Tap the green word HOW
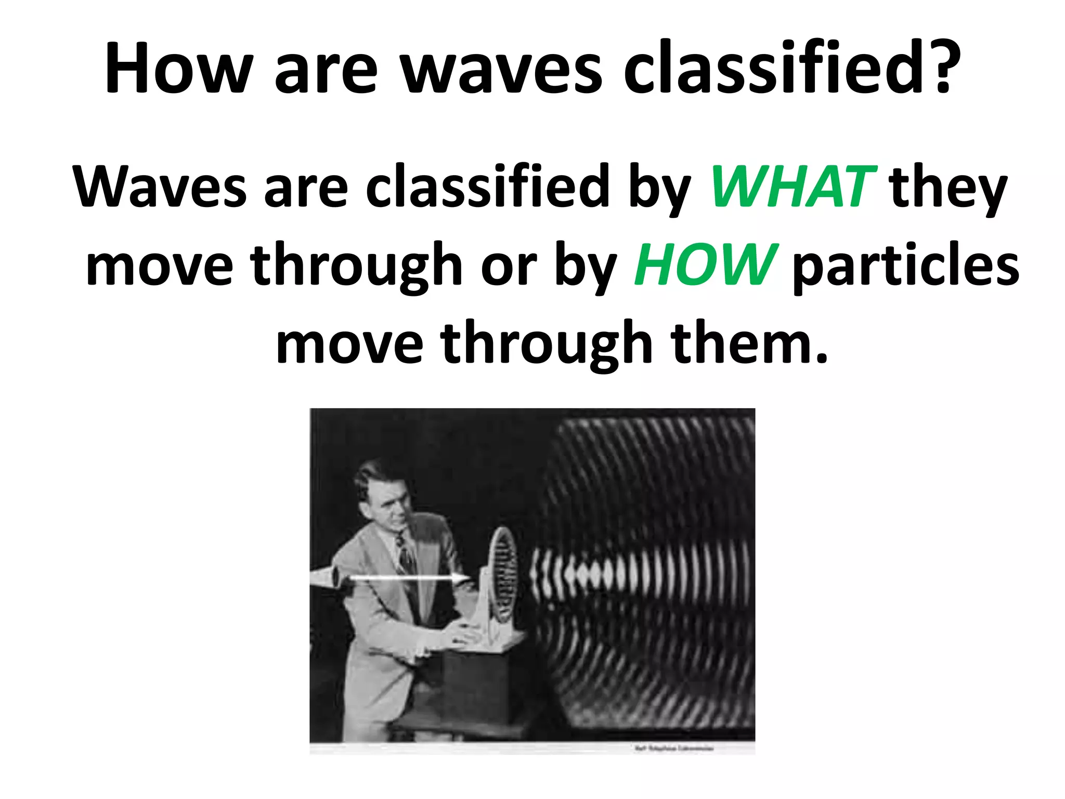click(x=705, y=265)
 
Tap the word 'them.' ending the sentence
click(x=749, y=343)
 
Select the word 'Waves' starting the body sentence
click(x=159, y=187)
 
